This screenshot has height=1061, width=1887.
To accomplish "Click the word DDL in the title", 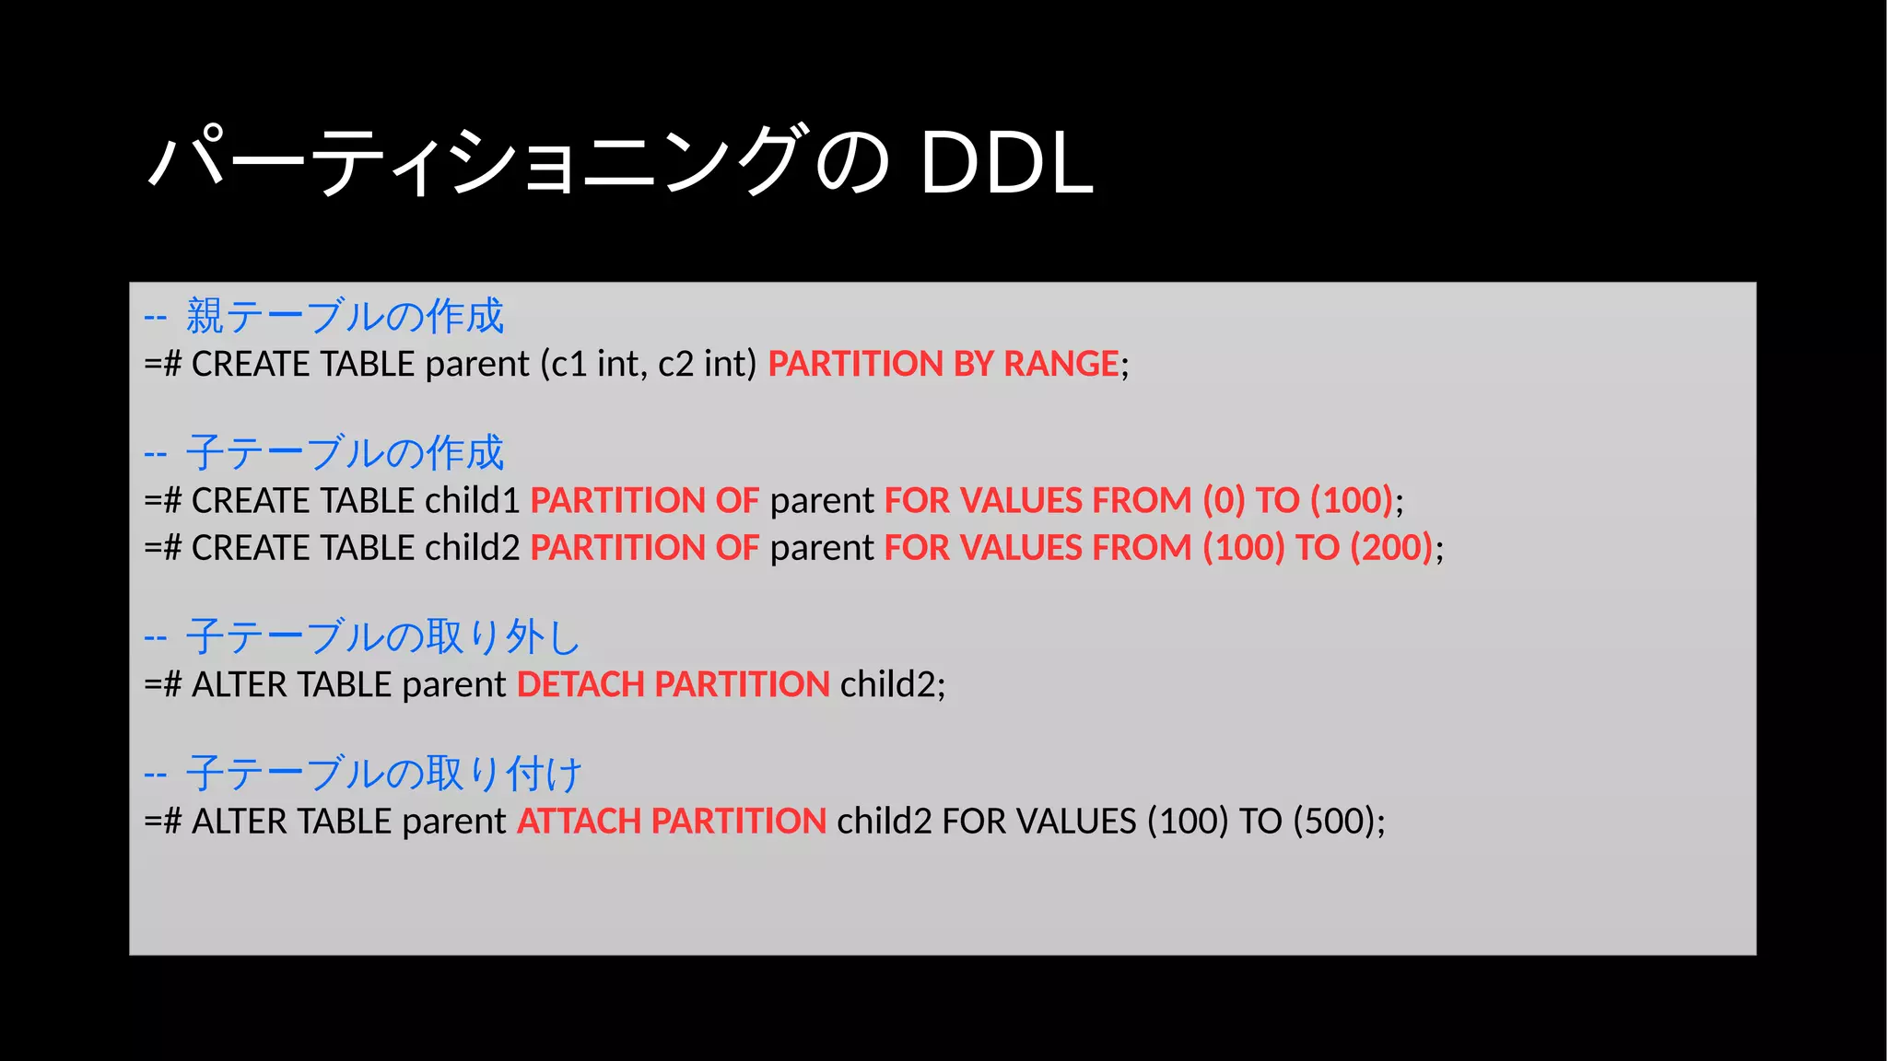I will point(1006,164).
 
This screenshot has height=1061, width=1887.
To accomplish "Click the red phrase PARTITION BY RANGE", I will point(943,364).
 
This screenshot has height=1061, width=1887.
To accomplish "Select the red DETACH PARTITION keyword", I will point(674,684).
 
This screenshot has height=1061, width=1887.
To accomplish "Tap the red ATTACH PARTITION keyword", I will point(672,821).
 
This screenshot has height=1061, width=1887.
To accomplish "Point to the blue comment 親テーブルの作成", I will point(345,316).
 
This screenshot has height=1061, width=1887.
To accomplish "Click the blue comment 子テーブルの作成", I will point(345,452).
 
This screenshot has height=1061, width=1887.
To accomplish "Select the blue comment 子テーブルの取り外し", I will point(382,636).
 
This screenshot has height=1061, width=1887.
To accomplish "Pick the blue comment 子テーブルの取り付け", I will point(383,773).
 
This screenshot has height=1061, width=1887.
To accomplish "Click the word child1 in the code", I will point(473,500).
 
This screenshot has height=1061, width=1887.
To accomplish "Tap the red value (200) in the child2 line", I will point(1391,547).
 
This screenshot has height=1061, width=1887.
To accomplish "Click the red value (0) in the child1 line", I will point(1224,500).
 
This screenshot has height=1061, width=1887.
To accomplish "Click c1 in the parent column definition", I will point(568,364).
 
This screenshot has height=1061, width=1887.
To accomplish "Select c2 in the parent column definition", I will point(675,364).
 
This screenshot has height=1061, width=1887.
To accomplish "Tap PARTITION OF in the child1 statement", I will point(644,500).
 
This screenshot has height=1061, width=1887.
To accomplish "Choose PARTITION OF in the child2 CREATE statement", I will point(644,547).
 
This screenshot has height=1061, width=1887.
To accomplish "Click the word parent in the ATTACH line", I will point(454,821).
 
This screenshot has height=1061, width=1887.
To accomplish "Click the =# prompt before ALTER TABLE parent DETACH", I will point(163,684).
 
